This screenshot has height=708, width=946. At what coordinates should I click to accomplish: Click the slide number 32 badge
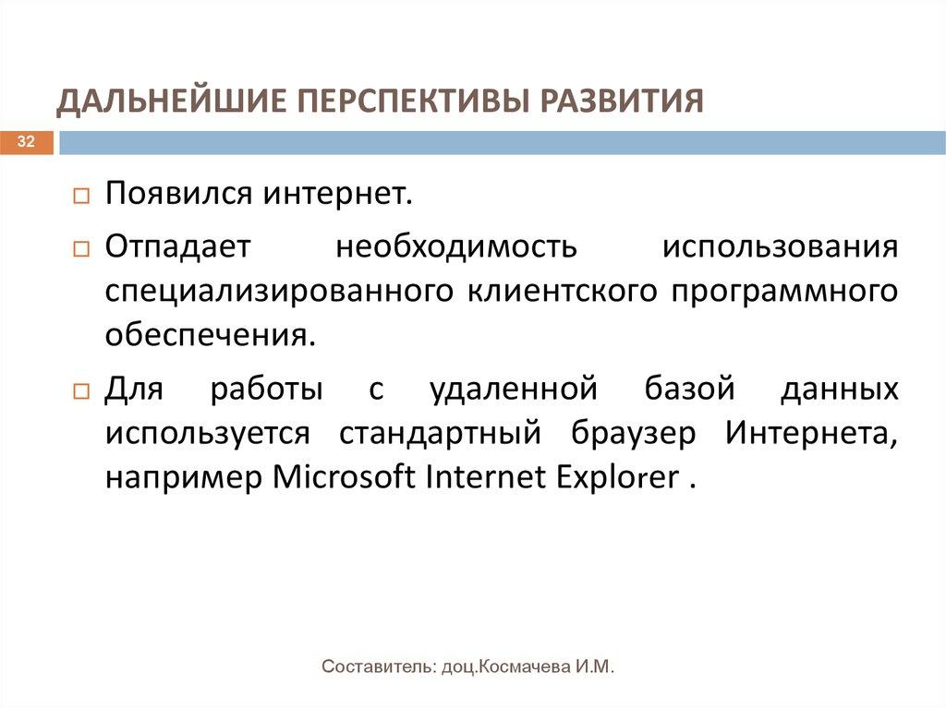pos(26,142)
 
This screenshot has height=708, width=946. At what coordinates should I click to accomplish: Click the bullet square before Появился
pos(80,198)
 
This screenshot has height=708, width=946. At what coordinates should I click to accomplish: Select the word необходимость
pos(456,246)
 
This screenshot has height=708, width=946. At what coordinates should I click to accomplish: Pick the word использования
pos(780,246)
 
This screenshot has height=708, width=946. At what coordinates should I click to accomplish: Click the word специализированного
pos(278,293)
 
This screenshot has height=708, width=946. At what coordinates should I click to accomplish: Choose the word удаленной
pos(513,389)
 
